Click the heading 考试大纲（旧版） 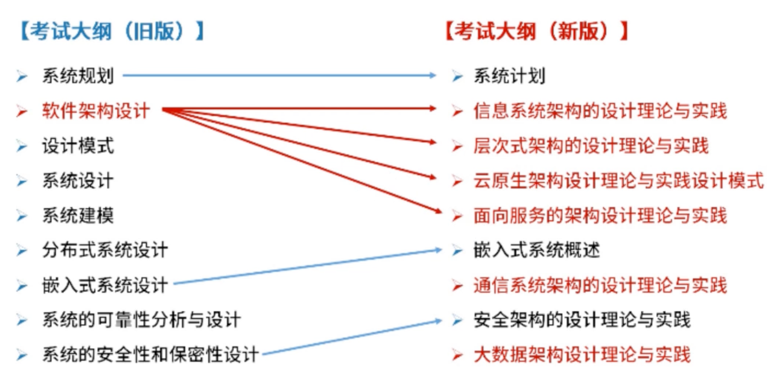(x=111, y=31)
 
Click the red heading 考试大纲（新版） (x=537, y=31)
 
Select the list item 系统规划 (x=78, y=76)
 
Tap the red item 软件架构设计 (x=96, y=111)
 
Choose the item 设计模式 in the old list (x=78, y=146)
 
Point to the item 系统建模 (x=78, y=215)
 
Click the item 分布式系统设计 (x=105, y=250)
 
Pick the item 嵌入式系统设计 (x=105, y=285)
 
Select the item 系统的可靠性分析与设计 (x=141, y=320)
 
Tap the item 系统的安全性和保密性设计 (x=150, y=355)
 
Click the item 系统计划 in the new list (x=509, y=76)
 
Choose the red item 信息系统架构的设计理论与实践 (x=600, y=111)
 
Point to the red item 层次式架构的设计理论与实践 (x=591, y=146)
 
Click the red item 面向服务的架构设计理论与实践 (x=600, y=215)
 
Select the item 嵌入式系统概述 (x=537, y=250)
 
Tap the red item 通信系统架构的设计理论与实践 (x=600, y=285)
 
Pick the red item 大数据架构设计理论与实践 (x=582, y=355)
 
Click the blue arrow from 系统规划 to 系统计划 (x=277, y=76)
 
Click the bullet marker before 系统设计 (x=21, y=181)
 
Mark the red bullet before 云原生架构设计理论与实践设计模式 (x=457, y=181)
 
